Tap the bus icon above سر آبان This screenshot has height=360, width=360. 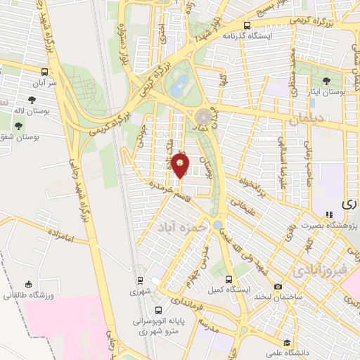45,72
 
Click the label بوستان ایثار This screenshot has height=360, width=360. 328,93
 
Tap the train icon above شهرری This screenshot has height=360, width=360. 140,279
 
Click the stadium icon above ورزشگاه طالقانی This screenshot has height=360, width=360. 28,284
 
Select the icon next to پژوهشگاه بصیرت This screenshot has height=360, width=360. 327,214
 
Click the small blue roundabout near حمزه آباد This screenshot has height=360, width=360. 219,226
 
